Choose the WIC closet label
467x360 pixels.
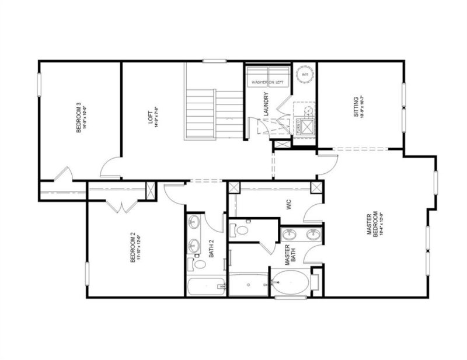pyautogui.click(x=288, y=206)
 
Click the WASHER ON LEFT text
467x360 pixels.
pyautogui.click(x=268, y=83)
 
